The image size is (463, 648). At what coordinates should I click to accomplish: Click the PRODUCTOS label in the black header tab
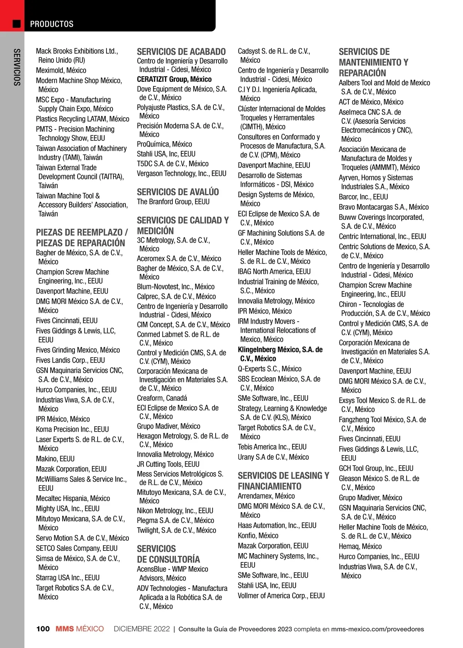[52, 24]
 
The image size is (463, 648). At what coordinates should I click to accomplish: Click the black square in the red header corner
[17, 24]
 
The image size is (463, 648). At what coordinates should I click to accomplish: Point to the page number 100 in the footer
[43, 629]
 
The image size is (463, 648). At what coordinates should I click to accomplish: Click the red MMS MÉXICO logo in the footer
[79, 629]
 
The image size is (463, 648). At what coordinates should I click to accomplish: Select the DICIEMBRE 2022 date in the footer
[142, 629]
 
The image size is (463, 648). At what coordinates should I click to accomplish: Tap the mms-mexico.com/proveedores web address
[377, 629]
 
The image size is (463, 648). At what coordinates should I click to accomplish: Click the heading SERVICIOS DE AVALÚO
[178, 192]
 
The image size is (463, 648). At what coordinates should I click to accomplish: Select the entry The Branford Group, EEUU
[173, 202]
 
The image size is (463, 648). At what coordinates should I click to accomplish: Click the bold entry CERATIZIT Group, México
[174, 79]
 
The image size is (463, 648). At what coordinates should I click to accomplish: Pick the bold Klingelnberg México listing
[280, 354]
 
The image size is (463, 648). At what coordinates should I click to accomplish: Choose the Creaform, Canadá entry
[162, 398]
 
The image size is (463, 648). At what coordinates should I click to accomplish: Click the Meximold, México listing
[61, 70]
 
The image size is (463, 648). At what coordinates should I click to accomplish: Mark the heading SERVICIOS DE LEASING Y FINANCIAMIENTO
[283, 481]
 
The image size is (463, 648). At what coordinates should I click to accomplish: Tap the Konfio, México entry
[258, 535]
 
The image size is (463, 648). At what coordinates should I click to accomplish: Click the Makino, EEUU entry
[55, 459]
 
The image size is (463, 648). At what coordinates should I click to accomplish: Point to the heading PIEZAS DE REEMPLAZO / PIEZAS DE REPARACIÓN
[81, 238]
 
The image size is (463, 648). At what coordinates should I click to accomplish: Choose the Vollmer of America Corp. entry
[281, 596]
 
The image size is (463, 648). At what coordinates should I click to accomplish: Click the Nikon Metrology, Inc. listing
[175, 510]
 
